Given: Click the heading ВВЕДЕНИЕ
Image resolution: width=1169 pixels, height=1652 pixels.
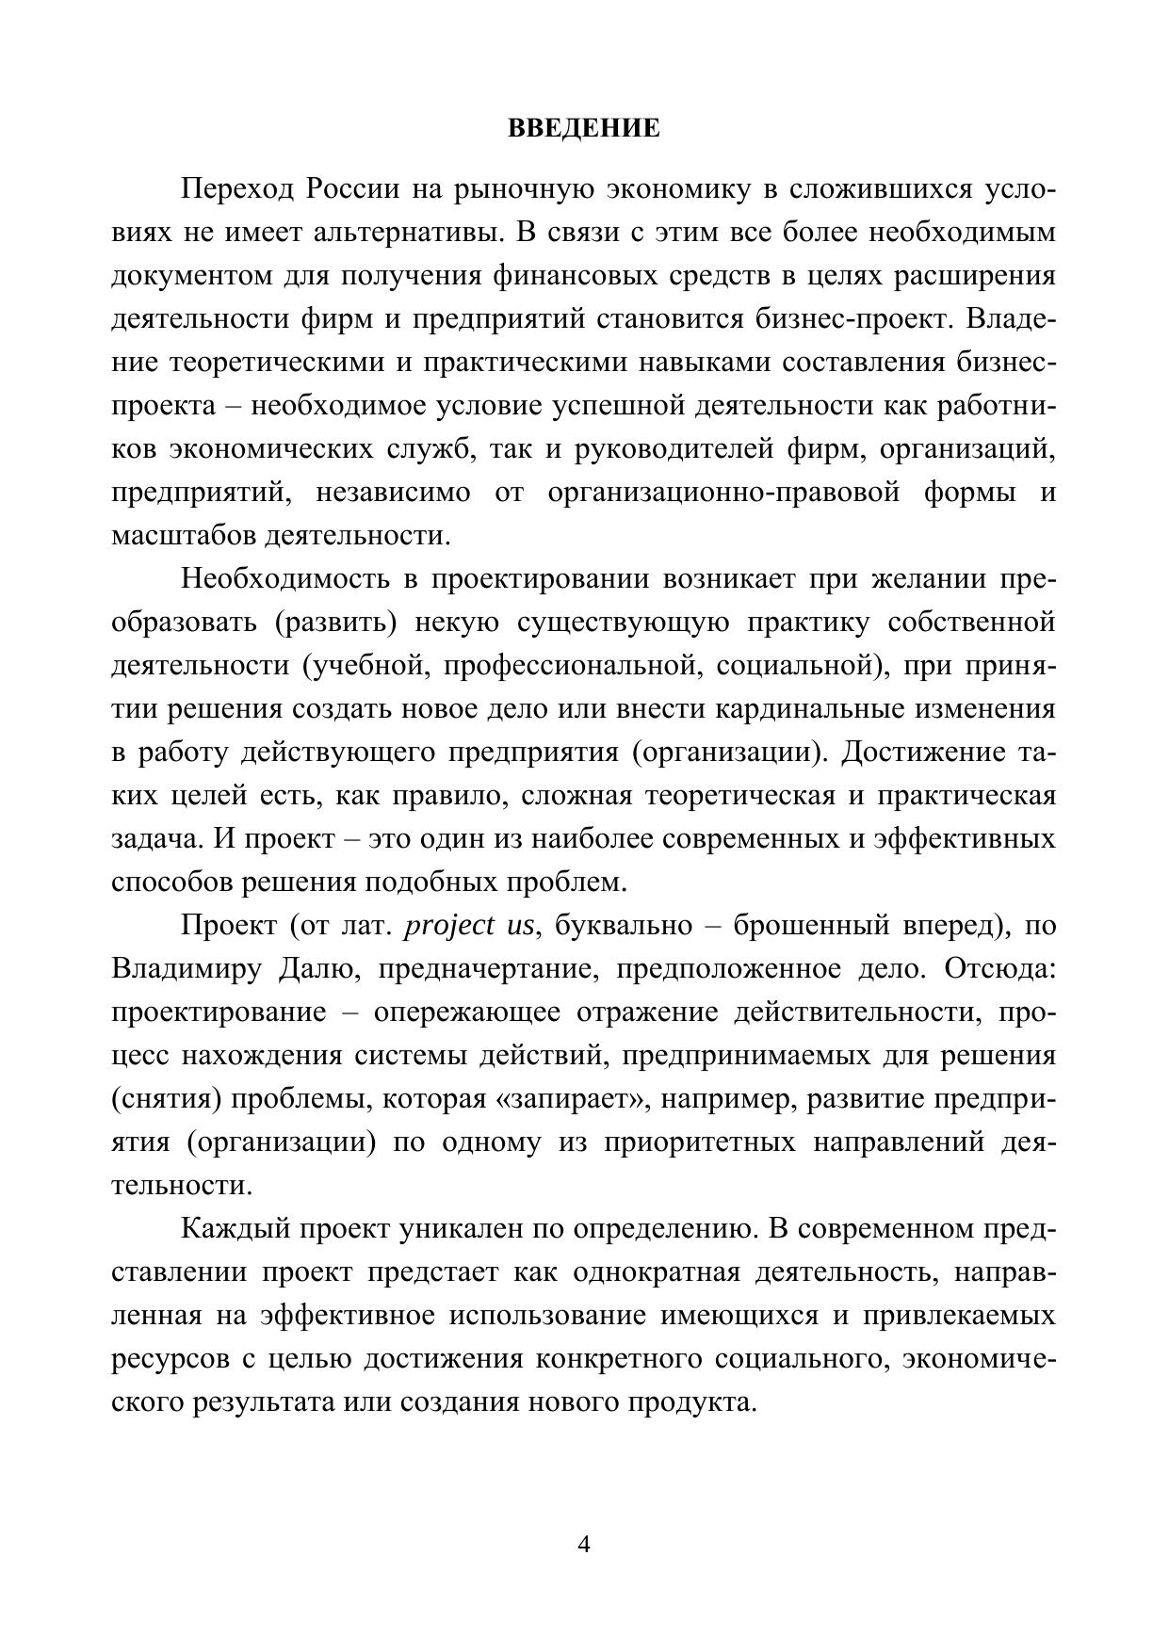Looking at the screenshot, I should pyautogui.click(x=584, y=128).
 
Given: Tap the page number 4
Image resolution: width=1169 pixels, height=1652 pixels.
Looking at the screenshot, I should pyautogui.click(x=584, y=1545).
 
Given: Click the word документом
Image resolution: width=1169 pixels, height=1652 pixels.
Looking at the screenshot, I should pyautogui.click(x=190, y=276).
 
